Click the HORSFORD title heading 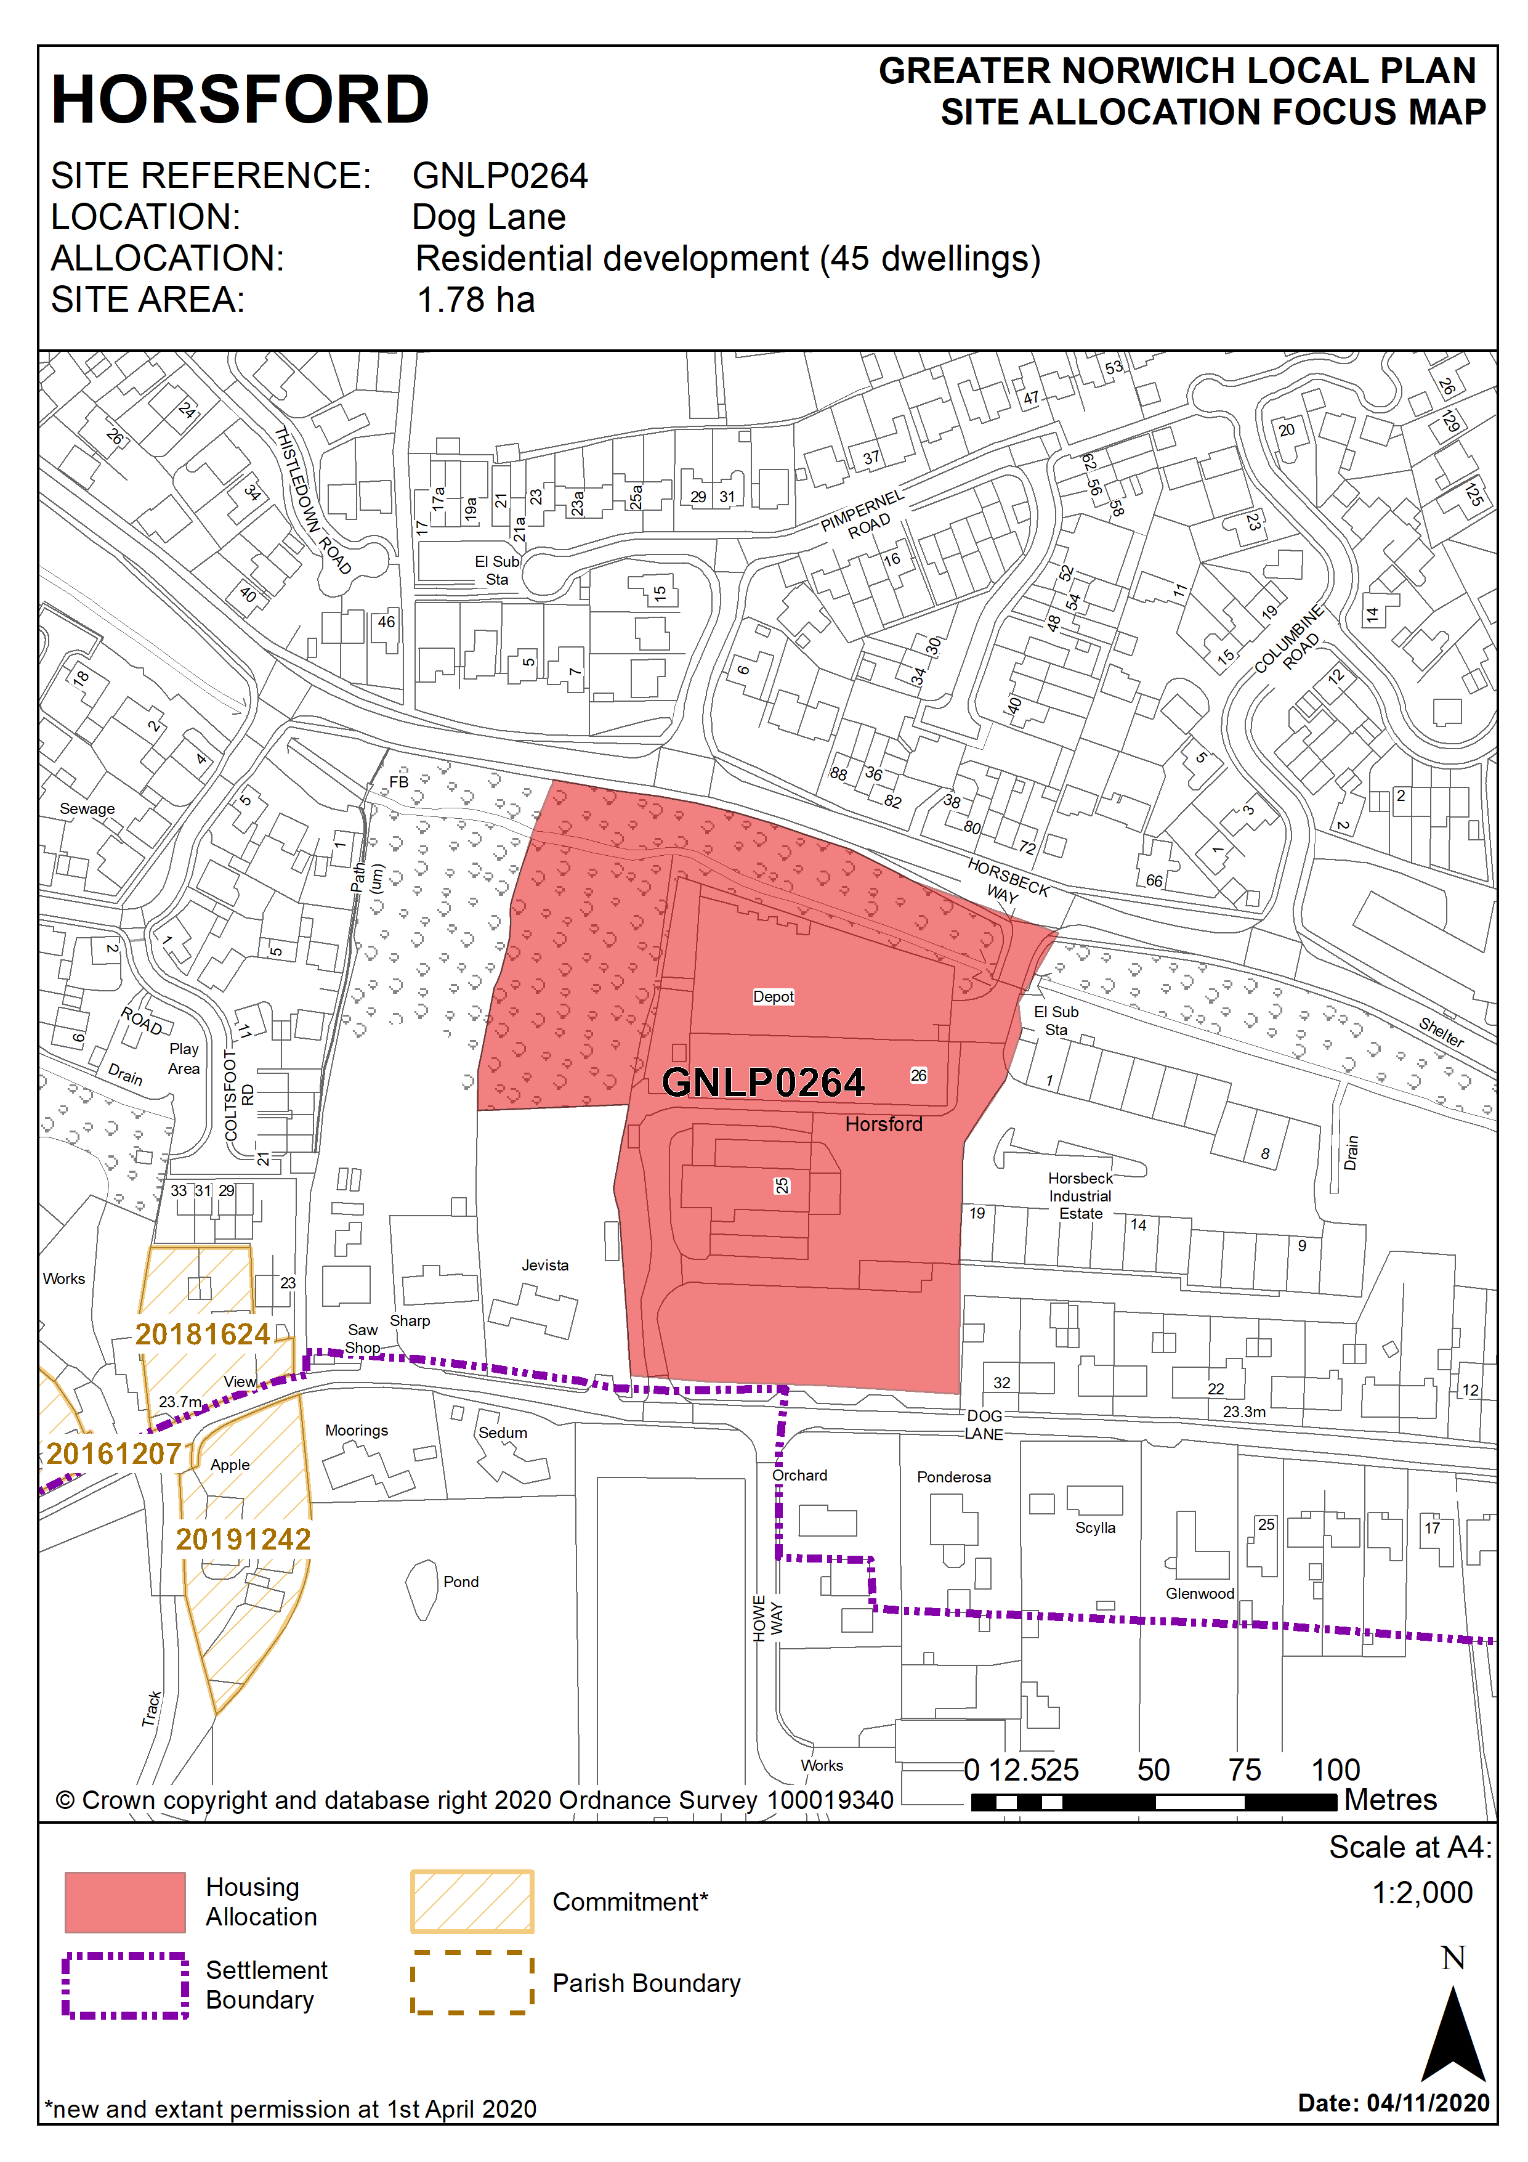240,100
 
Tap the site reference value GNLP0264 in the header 500,176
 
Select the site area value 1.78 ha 475,301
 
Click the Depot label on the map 773,996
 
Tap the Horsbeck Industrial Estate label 1080,1196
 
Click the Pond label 461,1582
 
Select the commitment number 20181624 203,1335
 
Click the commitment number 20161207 114,1454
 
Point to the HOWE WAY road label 767,1618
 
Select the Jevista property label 545,1265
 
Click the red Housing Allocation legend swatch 124,1902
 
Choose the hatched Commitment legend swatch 472,1901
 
